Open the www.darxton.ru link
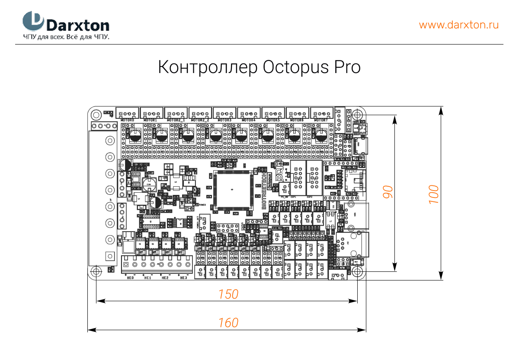coord(458,25)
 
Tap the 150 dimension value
coord(228,294)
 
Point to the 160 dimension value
coord(228,323)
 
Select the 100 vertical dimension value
coord(434,194)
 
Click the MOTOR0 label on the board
coord(128,120)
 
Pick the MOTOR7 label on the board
coord(321,120)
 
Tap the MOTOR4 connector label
coord(249,120)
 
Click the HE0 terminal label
coord(130,278)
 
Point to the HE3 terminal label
coord(183,278)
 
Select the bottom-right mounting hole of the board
coord(357,271)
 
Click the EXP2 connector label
coord(310,197)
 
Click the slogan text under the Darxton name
coord(66,37)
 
